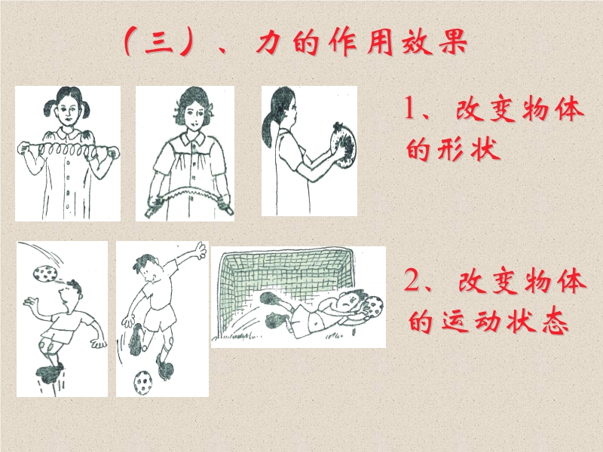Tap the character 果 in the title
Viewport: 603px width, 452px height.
pyautogui.click(x=453, y=41)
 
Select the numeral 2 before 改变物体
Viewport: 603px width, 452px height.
pyautogui.click(x=412, y=279)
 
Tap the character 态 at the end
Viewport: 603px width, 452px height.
pyautogui.click(x=555, y=322)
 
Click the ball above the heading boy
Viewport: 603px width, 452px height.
pyautogui.click(x=45, y=273)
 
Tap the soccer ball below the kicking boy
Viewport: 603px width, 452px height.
pyautogui.click(x=143, y=382)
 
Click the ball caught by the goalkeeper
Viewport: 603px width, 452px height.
pyautogui.click(x=373, y=307)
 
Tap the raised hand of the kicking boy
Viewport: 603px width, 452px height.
pyautogui.click(x=200, y=250)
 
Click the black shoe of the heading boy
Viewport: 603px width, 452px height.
pyautogui.click(x=49, y=373)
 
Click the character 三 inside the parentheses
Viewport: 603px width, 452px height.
pyautogui.click(x=159, y=43)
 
